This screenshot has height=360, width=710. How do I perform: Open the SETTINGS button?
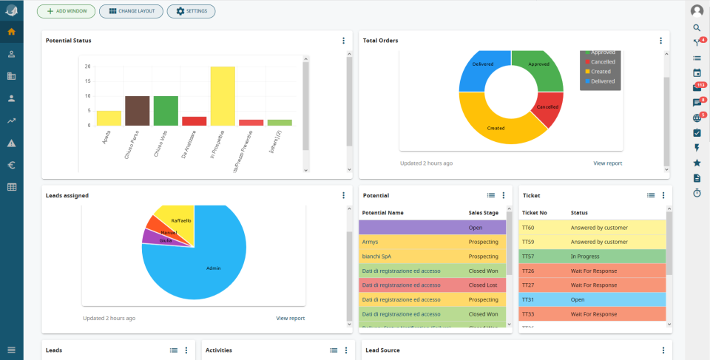pos(191,12)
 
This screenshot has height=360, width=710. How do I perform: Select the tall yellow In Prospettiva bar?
pos(223,96)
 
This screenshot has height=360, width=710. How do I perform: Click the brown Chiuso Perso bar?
pos(137,111)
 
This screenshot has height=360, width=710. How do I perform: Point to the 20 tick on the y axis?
pos(88,67)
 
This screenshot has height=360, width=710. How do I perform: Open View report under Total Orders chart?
pos(608,163)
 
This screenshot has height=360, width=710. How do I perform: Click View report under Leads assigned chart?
pos(291,318)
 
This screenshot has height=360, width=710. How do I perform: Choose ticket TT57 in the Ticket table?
pos(529,257)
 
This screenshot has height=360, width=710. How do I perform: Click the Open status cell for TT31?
pos(578,299)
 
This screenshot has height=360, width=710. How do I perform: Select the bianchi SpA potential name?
pos(376,257)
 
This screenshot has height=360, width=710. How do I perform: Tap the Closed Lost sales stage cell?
pos(483,285)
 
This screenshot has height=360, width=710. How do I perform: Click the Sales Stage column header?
pos(483,213)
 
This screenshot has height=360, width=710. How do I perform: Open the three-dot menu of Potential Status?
pos(343,41)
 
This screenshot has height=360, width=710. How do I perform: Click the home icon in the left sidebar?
pos(12,33)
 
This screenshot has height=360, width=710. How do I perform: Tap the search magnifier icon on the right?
pos(697,27)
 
